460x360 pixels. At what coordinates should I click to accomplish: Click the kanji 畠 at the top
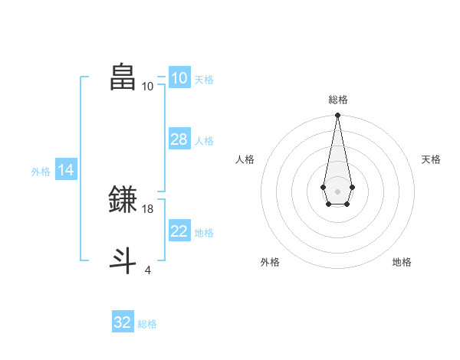coord(123,77)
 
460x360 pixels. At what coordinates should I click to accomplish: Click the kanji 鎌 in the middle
coord(123,199)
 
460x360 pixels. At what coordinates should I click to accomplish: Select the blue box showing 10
coord(179,78)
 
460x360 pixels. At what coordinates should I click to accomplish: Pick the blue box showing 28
coord(179,139)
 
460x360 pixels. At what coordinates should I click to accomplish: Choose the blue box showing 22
coord(179,231)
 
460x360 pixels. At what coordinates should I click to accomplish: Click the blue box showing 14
coord(66,171)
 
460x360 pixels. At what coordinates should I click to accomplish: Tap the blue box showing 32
coord(123,322)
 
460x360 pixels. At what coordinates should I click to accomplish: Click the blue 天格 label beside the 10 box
coord(204,80)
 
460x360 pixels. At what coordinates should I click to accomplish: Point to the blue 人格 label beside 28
coord(204,141)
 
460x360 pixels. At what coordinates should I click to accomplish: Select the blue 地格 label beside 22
coord(204,233)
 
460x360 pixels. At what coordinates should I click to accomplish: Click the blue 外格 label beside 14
coord(41,172)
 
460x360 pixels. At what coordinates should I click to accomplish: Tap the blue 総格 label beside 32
coord(147,324)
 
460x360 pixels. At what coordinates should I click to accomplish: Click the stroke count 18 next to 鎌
coord(148,208)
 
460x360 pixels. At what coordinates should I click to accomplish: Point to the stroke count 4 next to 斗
coord(148,270)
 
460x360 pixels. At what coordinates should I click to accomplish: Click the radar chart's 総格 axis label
coord(338,100)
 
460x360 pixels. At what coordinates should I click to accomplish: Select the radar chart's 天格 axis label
coord(431,159)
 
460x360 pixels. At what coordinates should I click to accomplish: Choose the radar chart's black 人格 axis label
coord(245,159)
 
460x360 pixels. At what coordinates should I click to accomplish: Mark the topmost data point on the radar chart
coord(337,116)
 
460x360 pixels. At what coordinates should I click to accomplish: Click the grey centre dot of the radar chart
coord(337,191)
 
